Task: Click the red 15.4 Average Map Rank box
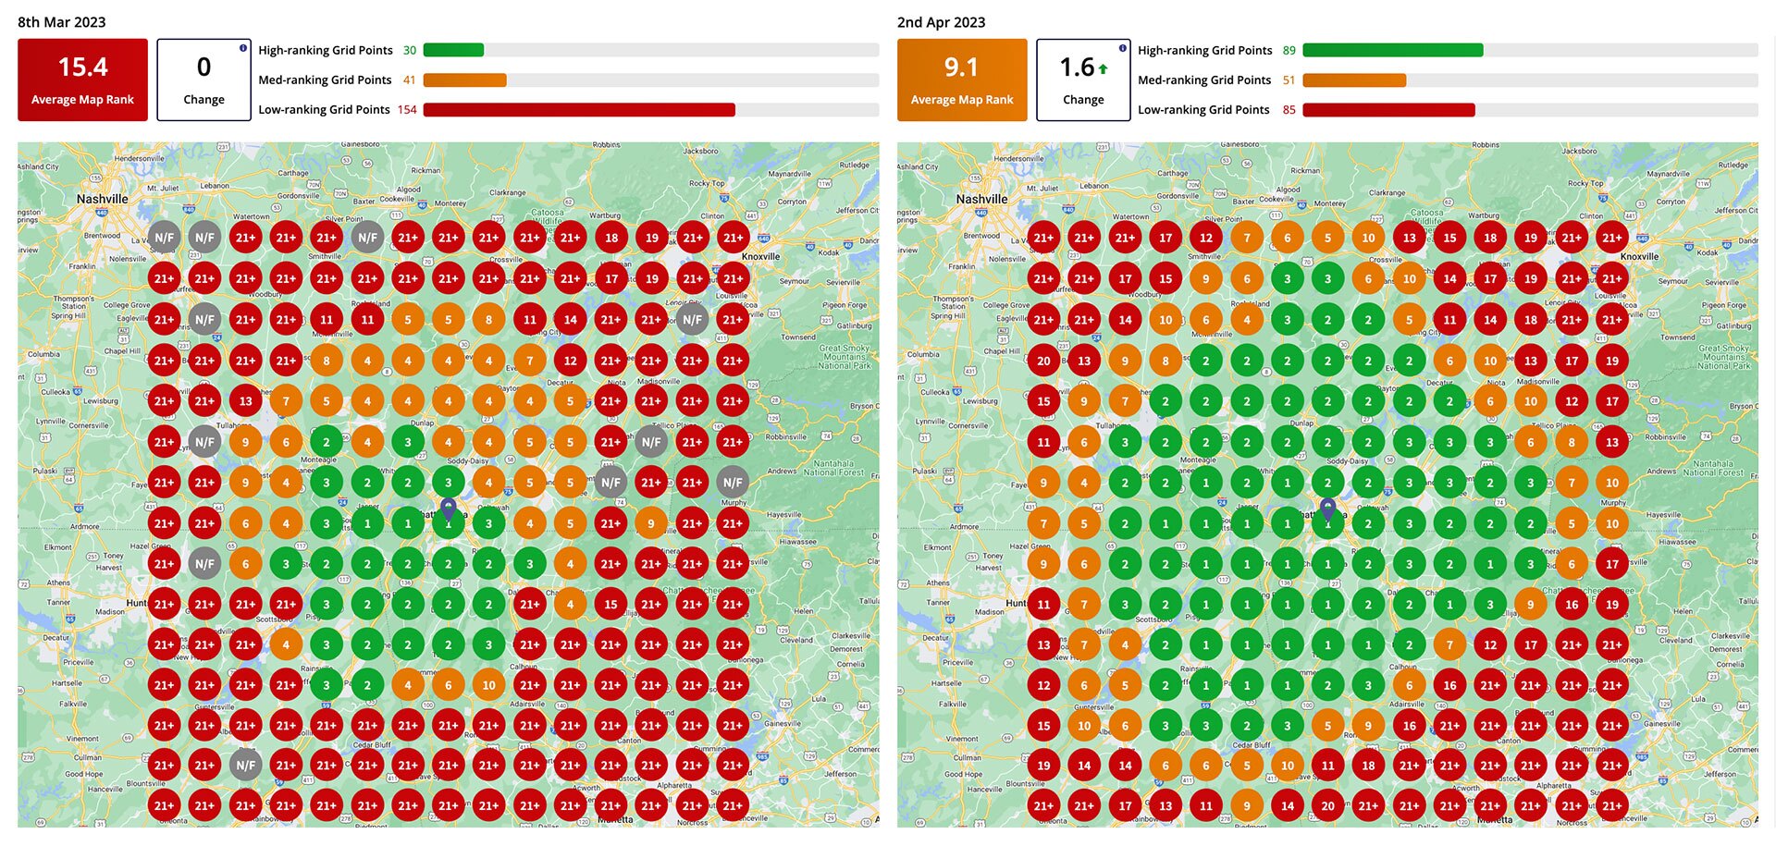(x=82, y=80)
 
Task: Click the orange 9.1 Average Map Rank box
(x=961, y=80)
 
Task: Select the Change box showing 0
(x=203, y=80)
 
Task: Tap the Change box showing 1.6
(x=1082, y=80)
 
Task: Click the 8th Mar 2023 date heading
(x=62, y=22)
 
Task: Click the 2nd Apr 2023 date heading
(x=941, y=22)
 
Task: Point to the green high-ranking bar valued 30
(x=453, y=50)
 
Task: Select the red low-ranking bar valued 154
(x=579, y=109)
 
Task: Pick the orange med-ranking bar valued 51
(x=1354, y=80)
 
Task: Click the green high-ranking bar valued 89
(x=1392, y=50)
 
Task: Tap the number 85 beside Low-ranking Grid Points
(x=1289, y=109)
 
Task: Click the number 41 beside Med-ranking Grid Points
(x=409, y=80)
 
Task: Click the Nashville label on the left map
(x=102, y=199)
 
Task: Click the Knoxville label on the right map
(x=1639, y=257)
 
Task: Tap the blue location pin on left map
(x=448, y=508)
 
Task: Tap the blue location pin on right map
(x=1327, y=508)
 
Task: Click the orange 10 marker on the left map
(x=488, y=685)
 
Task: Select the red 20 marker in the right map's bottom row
(x=1327, y=805)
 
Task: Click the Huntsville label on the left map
(x=136, y=603)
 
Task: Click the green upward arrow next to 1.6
(x=1104, y=68)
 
